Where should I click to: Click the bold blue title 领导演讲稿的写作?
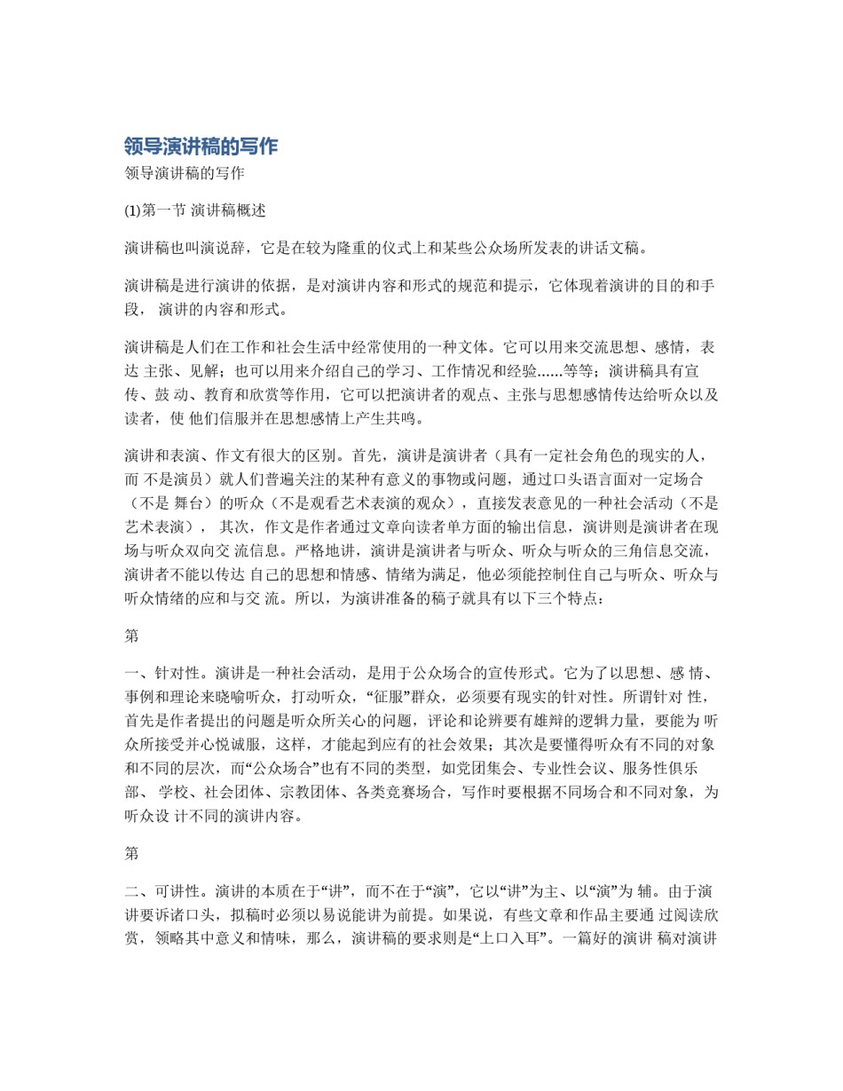click(201, 146)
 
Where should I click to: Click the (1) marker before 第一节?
click(132, 211)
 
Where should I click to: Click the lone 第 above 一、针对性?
click(132, 636)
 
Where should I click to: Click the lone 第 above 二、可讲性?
click(132, 853)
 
